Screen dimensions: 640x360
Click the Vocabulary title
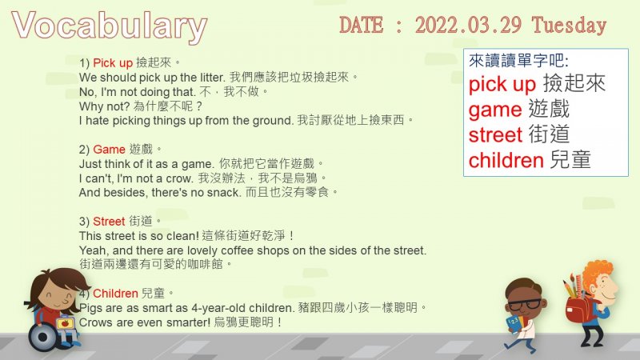(x=110, y=27)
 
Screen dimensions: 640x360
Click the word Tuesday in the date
(x=569, y=26)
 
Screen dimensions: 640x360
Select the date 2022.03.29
(x=468, y=25)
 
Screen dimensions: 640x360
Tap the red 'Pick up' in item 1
(x=113, y=63)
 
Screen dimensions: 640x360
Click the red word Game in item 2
(x=109, y=150)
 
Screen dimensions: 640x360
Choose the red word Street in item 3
(x=109, y=222)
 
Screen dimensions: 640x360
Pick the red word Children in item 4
(x=115, y=293)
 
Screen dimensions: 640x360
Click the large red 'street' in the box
(x=495, y=134)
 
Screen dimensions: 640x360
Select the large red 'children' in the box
(x=506, y=161)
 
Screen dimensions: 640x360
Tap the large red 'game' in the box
(x=495, y=110)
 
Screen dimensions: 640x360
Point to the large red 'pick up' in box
(x=502, y=85)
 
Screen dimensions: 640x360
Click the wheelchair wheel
(x=43, y=337)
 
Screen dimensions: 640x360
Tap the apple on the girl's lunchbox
(x=65, y=323)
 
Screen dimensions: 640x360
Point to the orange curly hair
(x=597, y=274)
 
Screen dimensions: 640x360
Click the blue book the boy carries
(x=514, y=323)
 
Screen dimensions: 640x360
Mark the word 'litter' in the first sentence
(x=212, y=78)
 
